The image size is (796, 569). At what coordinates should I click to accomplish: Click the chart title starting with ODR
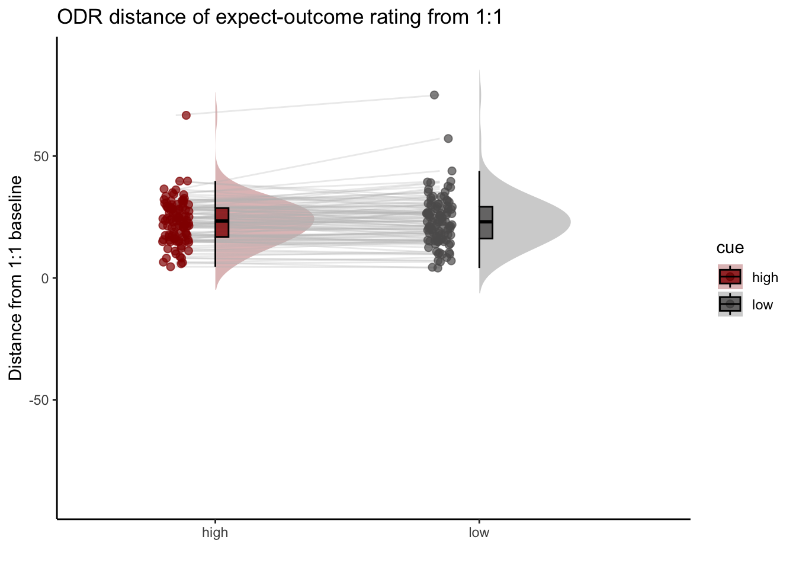pyautogui.click(x=280, y=17)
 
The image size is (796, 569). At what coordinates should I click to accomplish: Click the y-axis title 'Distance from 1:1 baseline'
pyautogui.click(x=15, y=278)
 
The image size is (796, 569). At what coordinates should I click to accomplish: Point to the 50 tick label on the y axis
pyautogui.click(x=41, y=156)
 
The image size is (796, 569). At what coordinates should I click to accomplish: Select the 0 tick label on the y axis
pyautogui.click(x=45, y=279)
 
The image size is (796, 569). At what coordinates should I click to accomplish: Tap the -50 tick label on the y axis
pyautogui.click(x=38, y=401)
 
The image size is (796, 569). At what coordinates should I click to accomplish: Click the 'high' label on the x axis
pyautogui.click(x=215, y=532)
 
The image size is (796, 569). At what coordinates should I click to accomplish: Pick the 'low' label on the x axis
pyautogui.click(x=479, y=532)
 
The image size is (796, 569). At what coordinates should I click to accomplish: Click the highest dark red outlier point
pyautogui.click(x=186, y=115)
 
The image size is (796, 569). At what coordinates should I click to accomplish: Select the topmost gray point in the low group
pyautogui.click(x=434, y=95)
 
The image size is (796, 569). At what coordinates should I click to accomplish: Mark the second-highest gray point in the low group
pyautogui.click(x=448, y=139)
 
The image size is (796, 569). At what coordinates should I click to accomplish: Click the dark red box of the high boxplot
pyautogui.click(x=222, y=223)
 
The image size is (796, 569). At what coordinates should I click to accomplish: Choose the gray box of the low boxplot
pyautogui.click(x=486, y=223)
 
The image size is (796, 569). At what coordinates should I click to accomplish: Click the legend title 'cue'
pyautogui.click(x=730, y=248)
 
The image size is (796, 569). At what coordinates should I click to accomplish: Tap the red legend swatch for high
pyautogui.click(x=730, y=277)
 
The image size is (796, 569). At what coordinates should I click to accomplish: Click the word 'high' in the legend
pyautogui.click(x=765, y=277)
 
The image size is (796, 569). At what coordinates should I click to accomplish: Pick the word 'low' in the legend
pyautogui.click(x=762, y=305)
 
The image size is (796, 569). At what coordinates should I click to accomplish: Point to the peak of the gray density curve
pyautogui.click(x=570, y=222)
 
